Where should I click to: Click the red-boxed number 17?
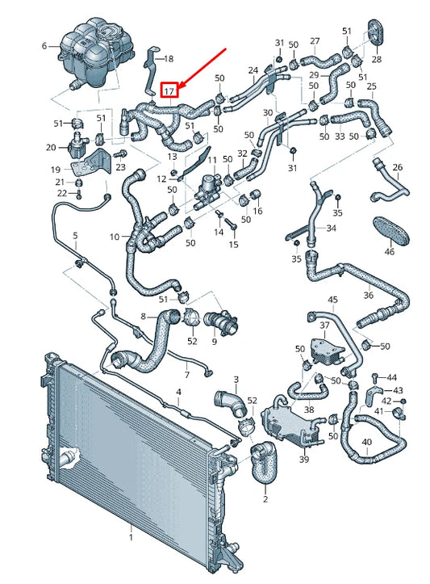[169, 91]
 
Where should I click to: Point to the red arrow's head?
[181, 85]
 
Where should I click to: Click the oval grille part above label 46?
[392, 228]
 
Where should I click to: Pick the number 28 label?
[378, 60]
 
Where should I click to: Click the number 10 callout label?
[115, 237]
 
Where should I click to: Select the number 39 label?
[303, 459]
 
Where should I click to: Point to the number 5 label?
[74, 235]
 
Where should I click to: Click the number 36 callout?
[369, 295]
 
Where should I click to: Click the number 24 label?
[253, 70]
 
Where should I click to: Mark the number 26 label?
[397, 167]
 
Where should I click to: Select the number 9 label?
[214, 342]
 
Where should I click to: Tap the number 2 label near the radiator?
[265, 500]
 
